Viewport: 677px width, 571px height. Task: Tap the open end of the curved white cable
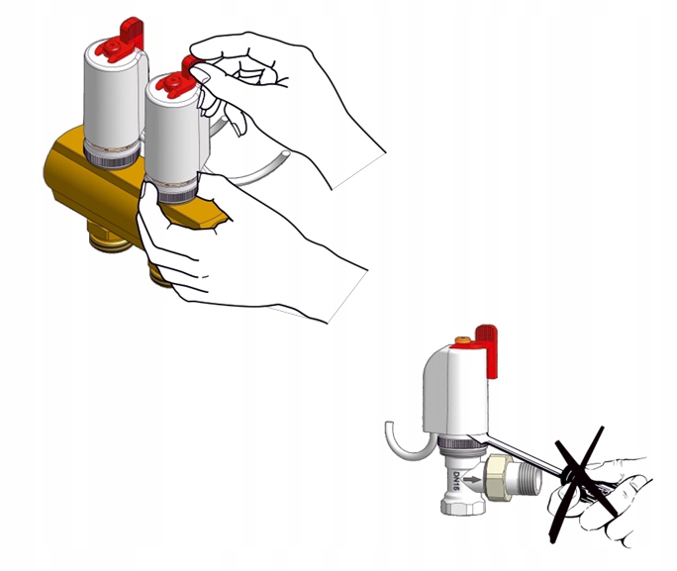285,154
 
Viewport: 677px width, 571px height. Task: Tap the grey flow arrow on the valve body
471,479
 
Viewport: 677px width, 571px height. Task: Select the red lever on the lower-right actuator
487,350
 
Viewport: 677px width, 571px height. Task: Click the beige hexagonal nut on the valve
499,478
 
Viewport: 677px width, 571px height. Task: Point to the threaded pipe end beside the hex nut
530,478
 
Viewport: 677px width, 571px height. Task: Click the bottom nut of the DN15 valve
462,505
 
